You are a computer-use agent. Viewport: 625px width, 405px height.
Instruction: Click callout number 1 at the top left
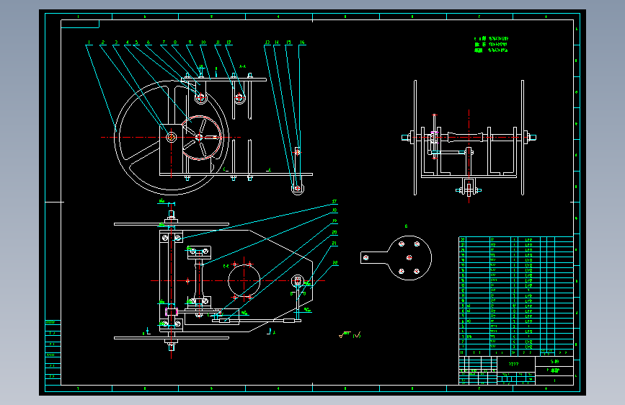[89, 43]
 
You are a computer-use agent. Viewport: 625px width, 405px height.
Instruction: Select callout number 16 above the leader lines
[302, 43]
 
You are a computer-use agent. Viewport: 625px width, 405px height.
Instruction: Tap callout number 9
[190, 43]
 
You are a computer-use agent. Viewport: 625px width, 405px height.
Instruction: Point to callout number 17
[334, 201]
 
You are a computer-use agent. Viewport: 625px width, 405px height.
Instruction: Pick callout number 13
[267, 43]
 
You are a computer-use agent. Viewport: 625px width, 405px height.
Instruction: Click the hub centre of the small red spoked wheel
[200, 137]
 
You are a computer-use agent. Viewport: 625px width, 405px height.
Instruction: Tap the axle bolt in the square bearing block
[172, 136]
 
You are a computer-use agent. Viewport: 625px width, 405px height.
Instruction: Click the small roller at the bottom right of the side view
[296, 188]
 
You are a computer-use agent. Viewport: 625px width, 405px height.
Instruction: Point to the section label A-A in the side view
[242, 67]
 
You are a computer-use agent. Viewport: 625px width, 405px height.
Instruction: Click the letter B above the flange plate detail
[407, 226]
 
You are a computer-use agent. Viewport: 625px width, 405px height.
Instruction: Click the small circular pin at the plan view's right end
[298, 280]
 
